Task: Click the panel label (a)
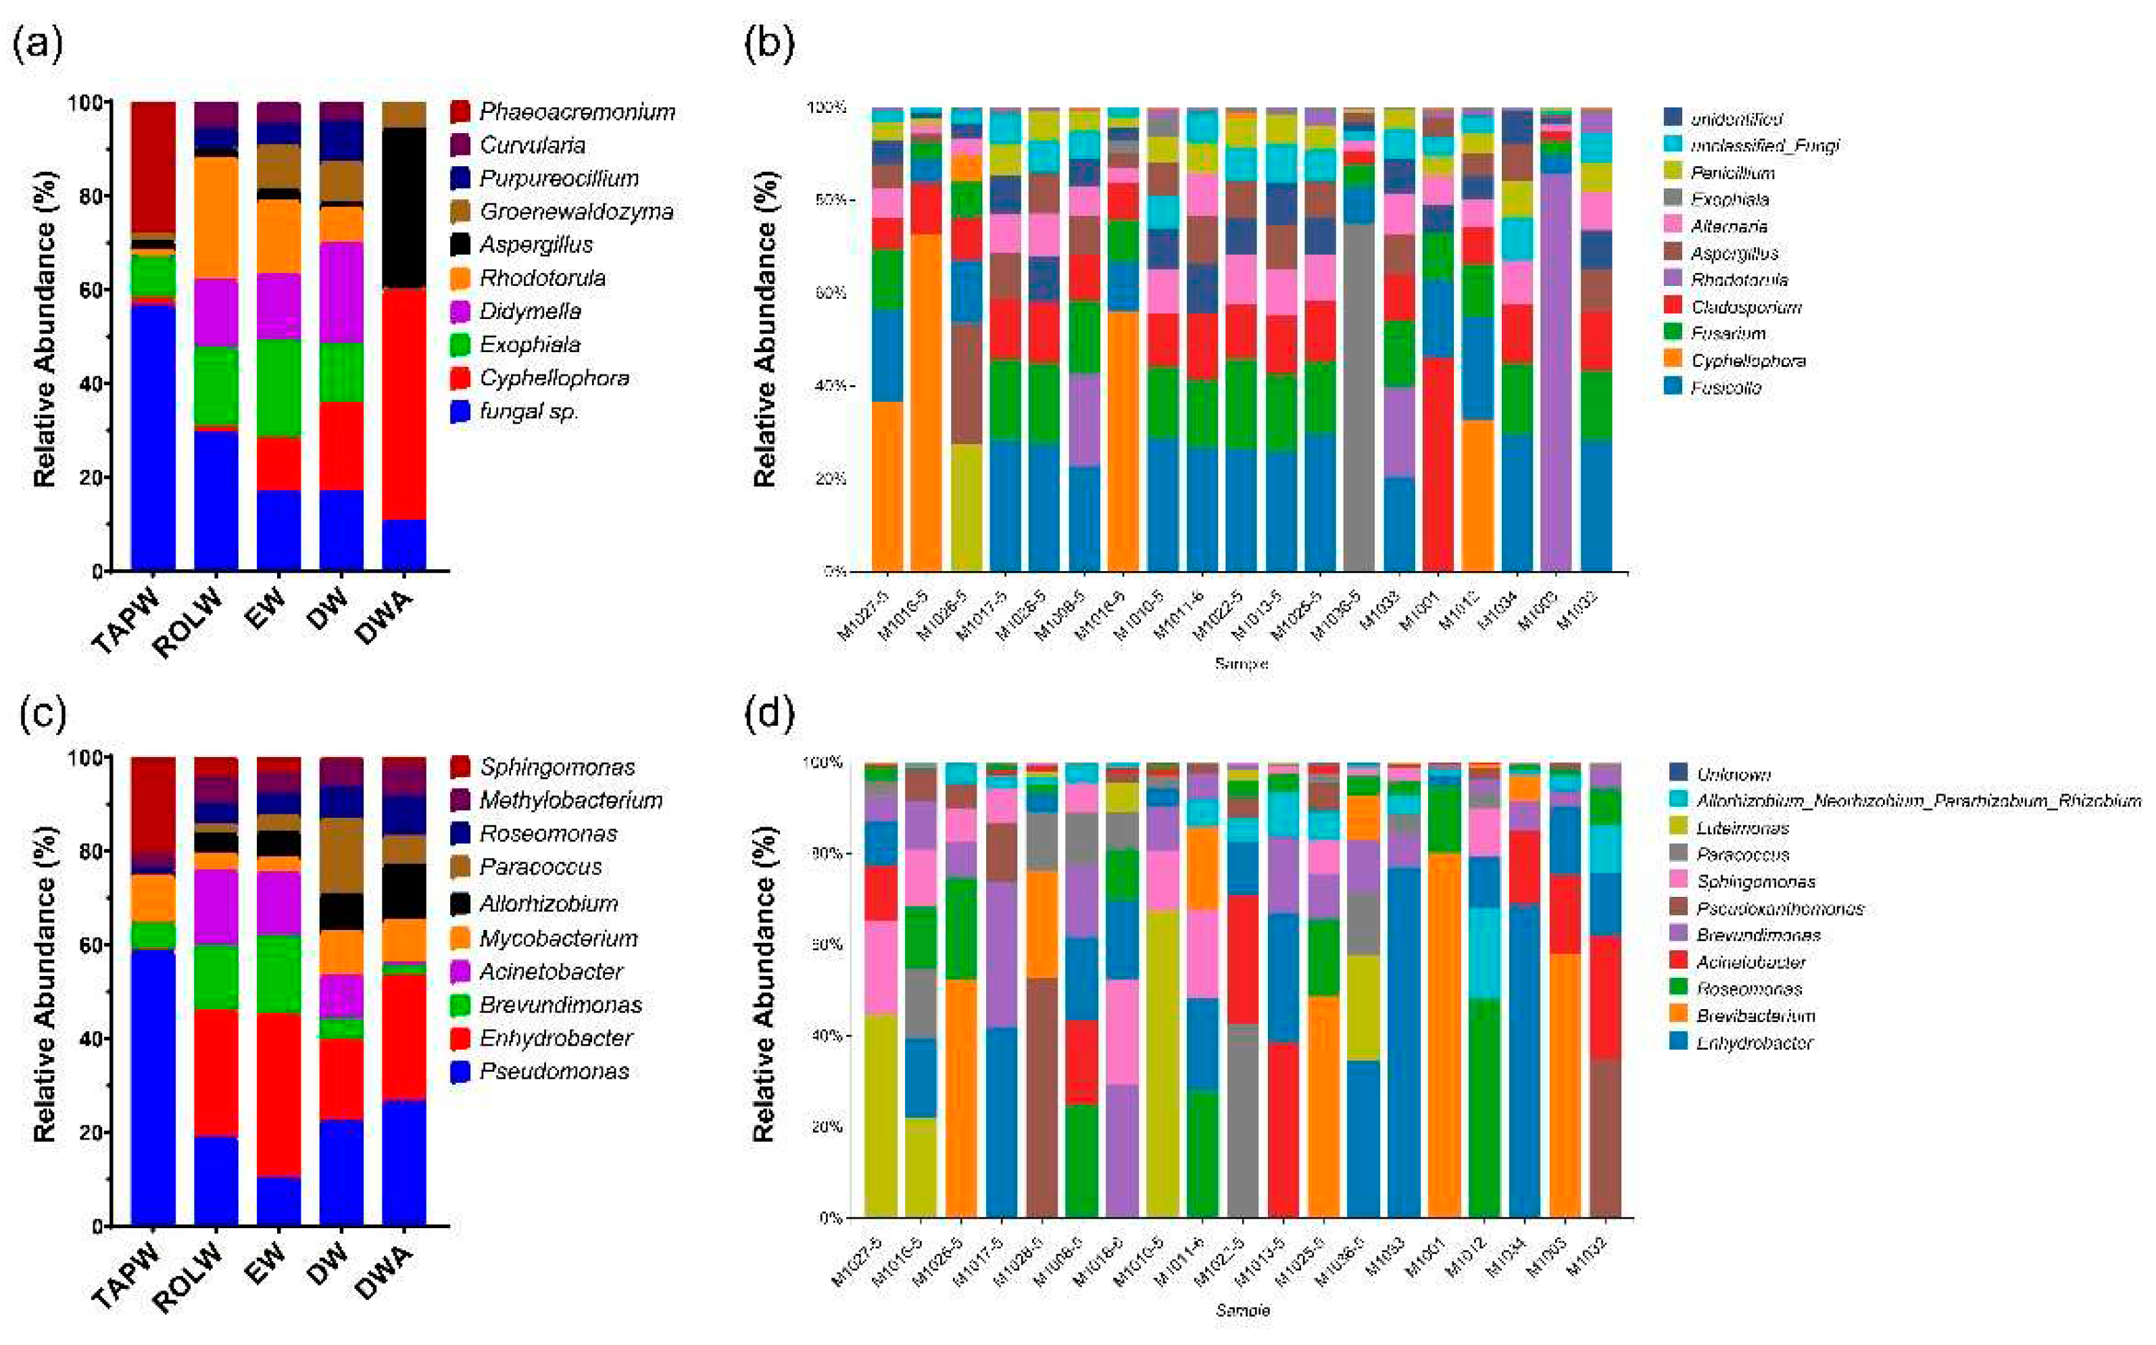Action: point(37,43)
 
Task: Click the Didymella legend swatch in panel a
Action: point(460,312)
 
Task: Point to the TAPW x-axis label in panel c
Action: point(127,1278)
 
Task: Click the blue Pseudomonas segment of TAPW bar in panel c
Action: point(153,1085)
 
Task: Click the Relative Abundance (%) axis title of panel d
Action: point(764,983)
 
